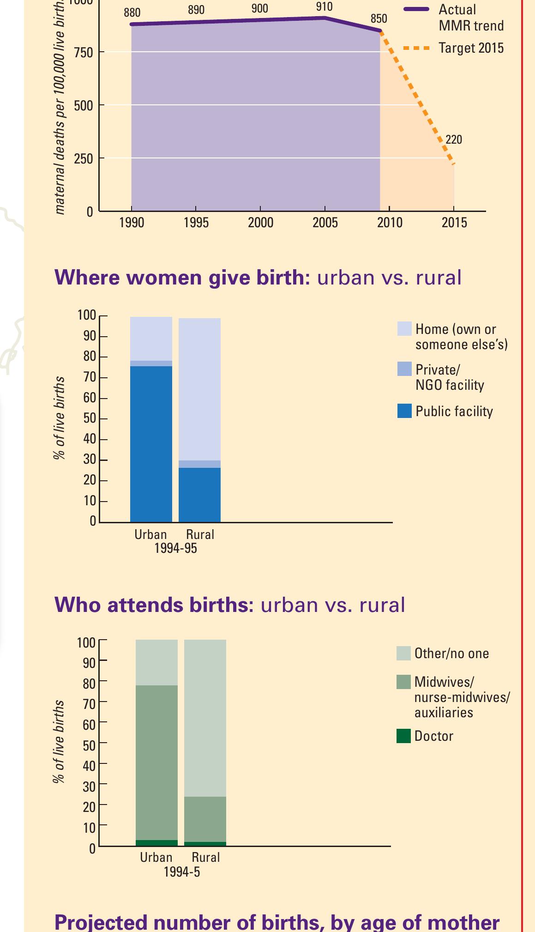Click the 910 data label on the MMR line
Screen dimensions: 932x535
[x=324, y=7]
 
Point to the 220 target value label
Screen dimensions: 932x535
[x=453, y=139]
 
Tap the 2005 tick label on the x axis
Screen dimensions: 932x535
[x=325, y=223]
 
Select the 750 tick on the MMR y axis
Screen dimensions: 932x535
[x=84, y=53]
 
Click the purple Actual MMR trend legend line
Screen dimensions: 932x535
[x=416, y=9]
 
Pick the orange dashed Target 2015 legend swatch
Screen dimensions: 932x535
[x=416, y=48]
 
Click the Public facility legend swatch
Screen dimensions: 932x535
[x=404, y=411]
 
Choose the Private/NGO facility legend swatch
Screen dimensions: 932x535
[x=404, y=369]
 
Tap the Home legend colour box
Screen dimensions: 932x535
[x=404, y=329]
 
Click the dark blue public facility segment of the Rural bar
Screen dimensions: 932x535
[x=199, y=495]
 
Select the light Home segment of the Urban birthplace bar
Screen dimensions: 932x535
[x=151, y=339]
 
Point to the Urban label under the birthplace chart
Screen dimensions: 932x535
[x=150, y=535]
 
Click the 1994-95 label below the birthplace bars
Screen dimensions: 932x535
[x=175, y=549]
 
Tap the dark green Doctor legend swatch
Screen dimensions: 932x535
[x=403, y=736]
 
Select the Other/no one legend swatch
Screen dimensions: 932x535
[x=403, y=654]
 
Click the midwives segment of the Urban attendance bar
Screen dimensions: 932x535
[x=156, y=762]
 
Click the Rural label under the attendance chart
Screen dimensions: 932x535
[x=206, y=858]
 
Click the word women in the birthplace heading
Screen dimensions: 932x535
[x=163, y=278]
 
